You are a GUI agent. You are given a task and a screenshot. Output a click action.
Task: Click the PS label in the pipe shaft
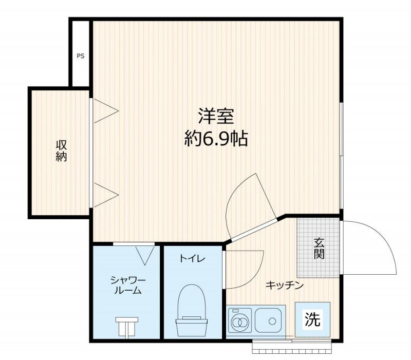coord(81,56)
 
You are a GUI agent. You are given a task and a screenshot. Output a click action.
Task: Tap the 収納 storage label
coord(61,150)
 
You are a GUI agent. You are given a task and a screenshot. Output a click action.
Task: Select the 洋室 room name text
coord(216,116)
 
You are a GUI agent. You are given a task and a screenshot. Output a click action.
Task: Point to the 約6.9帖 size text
coord(216,139)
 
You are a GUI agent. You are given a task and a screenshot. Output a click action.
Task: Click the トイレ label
coord(192,259)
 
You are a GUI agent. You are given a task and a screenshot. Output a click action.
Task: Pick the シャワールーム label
coord(128,285)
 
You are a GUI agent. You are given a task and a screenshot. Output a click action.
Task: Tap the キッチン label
coord(285,285)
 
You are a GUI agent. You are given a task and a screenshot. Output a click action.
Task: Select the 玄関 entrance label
coord(319,248)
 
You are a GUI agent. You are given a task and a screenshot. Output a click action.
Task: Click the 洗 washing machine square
coord(312,319)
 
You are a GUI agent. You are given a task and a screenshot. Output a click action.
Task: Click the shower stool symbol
coord(127,327)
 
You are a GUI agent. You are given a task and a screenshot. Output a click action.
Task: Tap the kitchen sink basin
coord(268,320)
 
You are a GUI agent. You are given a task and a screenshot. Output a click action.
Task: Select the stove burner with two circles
coord(239,320)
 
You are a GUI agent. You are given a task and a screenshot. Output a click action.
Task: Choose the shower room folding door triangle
coord(145,255)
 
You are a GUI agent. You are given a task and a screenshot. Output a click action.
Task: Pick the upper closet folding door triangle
coord(106,110)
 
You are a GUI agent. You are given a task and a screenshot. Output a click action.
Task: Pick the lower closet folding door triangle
coord(106,195)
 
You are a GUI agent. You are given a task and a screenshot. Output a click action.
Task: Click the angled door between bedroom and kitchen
coord(254,230)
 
